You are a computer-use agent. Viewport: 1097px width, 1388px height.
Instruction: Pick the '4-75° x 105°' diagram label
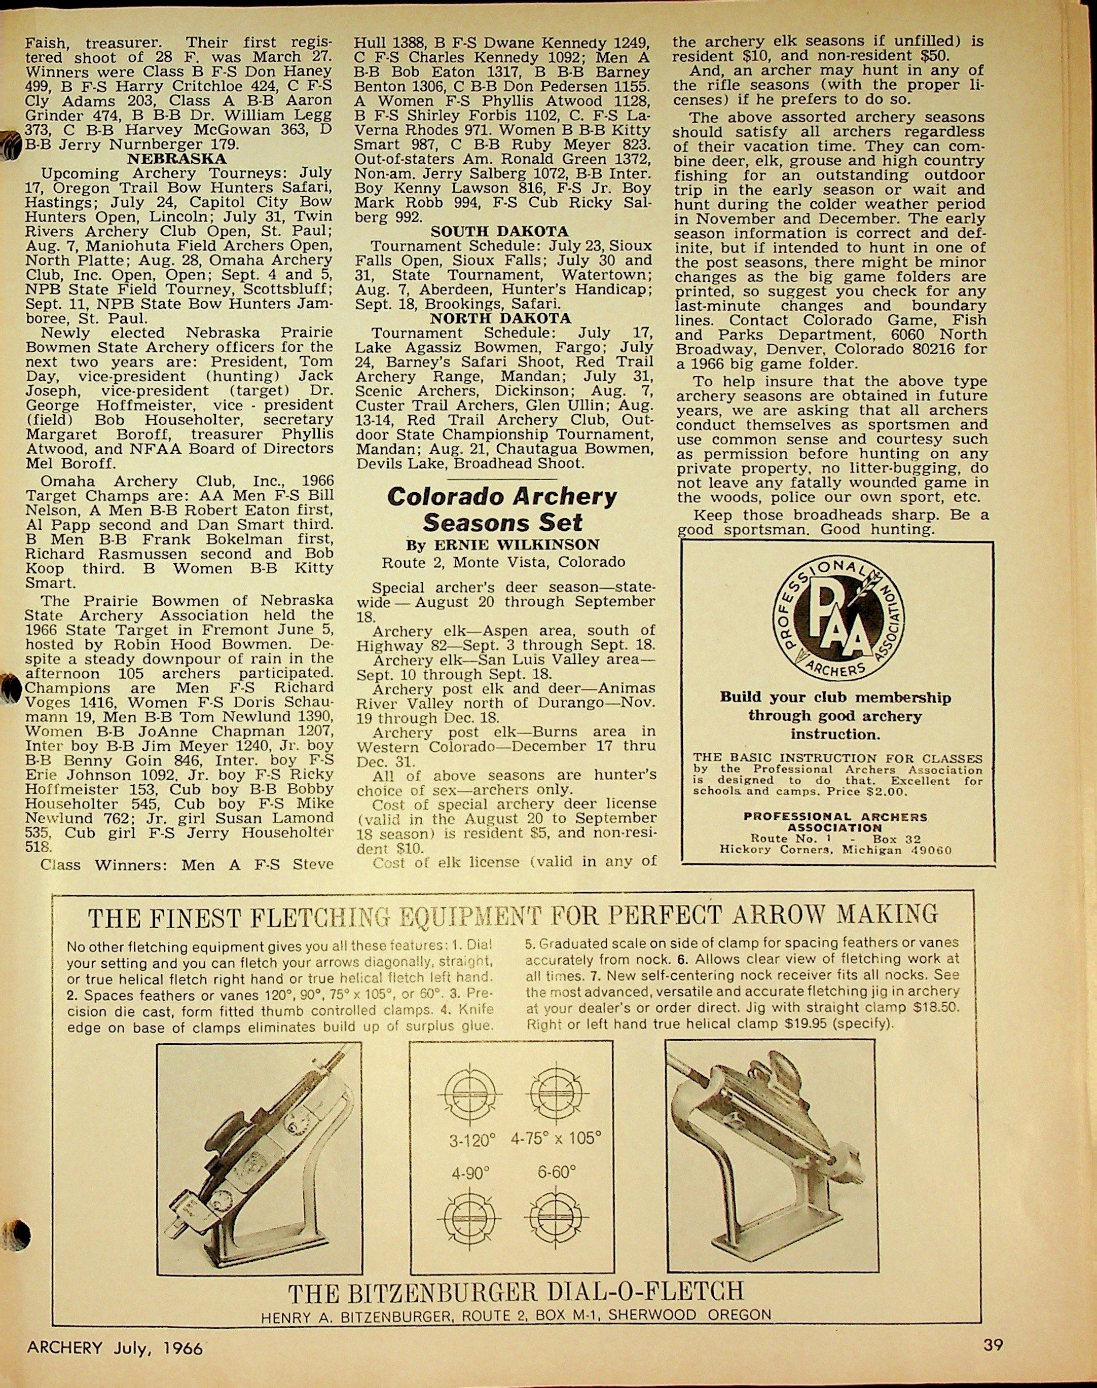tap(556, 1138)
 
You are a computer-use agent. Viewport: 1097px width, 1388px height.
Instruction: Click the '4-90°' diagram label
tap(467, 1174)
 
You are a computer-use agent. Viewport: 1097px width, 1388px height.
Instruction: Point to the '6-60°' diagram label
tap(556, 1172)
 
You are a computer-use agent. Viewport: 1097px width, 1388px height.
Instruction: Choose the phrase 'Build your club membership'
tap(835, 698)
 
